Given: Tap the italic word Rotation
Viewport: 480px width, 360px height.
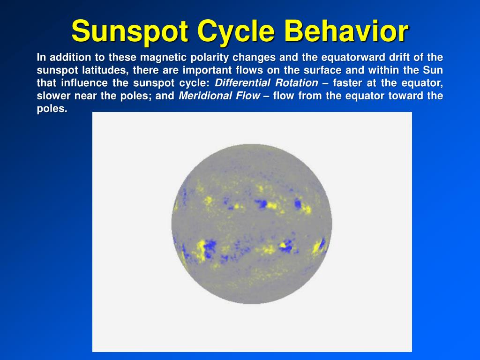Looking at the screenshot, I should [296, 83].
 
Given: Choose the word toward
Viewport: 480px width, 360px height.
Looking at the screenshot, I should [404, 96].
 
